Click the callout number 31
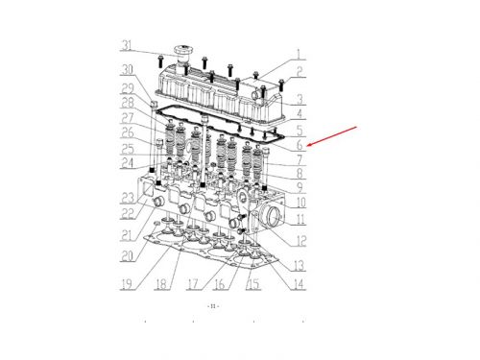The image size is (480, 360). [127, 45]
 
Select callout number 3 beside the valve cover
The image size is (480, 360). [300, 99]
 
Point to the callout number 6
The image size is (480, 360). [300, 145]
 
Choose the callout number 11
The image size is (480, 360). [300, 221]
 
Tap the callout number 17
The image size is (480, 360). [193, 284]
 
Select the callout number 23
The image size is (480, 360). [127, 199]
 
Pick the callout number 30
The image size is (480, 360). [127, 69]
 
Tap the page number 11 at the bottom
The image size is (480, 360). [212, 305]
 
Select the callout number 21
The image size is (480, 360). [127, 235]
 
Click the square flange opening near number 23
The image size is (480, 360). [149, 199]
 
